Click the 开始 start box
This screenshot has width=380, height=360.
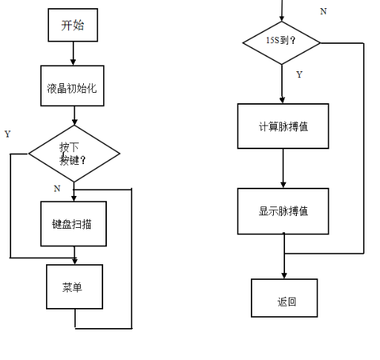coord(73,25)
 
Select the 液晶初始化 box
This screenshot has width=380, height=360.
coord(73,88)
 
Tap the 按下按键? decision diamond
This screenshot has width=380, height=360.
coord(74,154)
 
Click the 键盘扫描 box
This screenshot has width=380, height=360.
coord(73,223)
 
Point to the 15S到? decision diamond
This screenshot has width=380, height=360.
coord(282,42)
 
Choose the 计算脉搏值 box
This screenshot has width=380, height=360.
coord(283,126)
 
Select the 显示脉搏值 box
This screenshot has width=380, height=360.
coord(283,211)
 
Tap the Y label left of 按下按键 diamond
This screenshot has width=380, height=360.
coord(7,134)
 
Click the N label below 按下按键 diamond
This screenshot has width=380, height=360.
coord(57,189)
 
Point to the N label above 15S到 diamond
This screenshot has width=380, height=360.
coord(323,11)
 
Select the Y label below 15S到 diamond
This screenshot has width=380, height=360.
coord(299,75)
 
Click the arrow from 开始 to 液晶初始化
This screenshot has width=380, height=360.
coord(73,53)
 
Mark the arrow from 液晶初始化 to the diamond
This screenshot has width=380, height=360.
coord(74,115)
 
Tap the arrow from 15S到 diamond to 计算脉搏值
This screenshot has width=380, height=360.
coord(283,84)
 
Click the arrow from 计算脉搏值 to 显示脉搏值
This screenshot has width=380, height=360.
coord(283,168)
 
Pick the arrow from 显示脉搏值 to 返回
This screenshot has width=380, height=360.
coord(284,257)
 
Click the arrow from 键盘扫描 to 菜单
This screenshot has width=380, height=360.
coord(74,255)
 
